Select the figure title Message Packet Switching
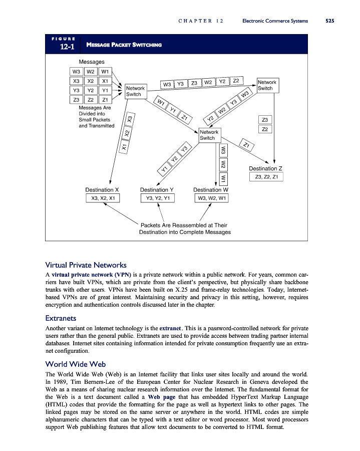124,46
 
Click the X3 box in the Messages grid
77,80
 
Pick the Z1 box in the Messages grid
105,99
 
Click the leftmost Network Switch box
135,90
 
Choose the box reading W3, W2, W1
211,198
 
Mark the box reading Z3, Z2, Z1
266,177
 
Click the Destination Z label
266,168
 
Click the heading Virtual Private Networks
86,265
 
